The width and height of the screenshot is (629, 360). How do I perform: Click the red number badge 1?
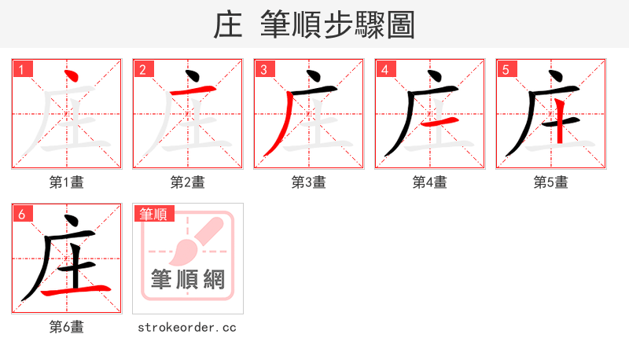pyautogui.click(x=21, y=69)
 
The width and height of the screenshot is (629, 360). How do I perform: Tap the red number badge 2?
pyautogui.click(x=142, y=69)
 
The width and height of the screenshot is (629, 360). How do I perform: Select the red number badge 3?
pyautogui.click(x=263, y=69)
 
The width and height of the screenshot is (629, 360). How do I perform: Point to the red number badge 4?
pyautogui.click(x=384, y=69)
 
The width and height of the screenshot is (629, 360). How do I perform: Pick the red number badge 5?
pyautogui.click(x=506, y=69)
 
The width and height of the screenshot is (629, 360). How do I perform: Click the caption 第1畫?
pyautogui.click(x=67, y=182)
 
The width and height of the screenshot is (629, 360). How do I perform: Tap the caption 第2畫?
pyautogui.click(x=188, y=182)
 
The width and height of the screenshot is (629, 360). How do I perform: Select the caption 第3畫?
pyautogui.click(x=309, y=182)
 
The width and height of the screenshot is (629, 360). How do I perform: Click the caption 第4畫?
pyautogui.click(x=430, y=182)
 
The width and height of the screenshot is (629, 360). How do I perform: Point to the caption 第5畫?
pyautogui.click(x=551, y=182)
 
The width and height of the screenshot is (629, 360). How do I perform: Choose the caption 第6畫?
pyautogui.click(x=67, y=327)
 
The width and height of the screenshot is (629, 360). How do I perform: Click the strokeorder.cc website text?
pyautogui.click(x=188, y=327)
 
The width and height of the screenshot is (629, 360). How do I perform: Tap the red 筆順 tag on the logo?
pyautogui.click(x=154, y=214)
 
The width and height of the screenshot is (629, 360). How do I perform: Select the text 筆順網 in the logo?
pyautogui.click(x=188, y=279)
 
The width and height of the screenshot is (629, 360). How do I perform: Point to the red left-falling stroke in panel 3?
pyautogui.click(x=278, y=126)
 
